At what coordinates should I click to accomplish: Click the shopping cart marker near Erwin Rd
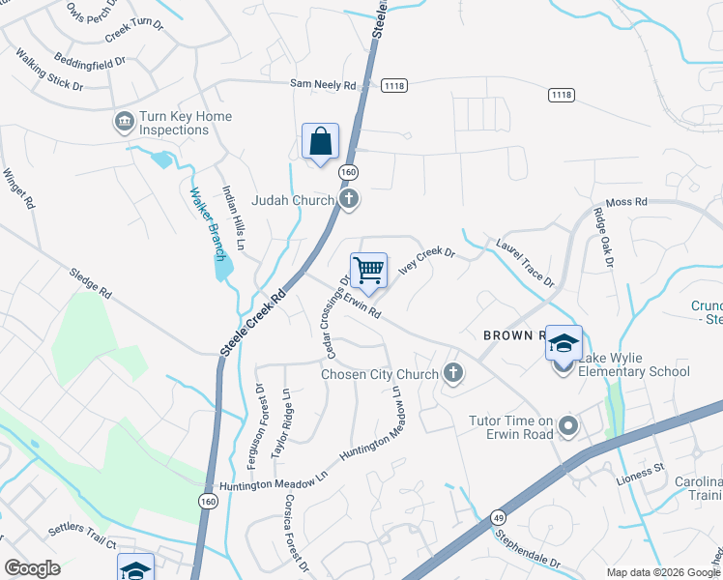pos(368,271)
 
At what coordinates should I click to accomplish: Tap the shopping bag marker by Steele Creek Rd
pos(320,142)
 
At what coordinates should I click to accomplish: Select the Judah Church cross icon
pos(349,200)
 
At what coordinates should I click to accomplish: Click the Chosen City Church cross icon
pos(451,373)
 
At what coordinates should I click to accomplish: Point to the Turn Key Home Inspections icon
pos(125,122)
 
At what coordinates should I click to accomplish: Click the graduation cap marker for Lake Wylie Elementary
pos(564,344)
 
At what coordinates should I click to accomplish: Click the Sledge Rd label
pos(91,282)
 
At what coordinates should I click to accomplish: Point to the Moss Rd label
pos(625,202)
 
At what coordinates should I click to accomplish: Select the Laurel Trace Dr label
pos(524,264)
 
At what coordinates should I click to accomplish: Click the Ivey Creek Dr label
pos(426,261)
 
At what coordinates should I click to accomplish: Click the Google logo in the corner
pos(32,567)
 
